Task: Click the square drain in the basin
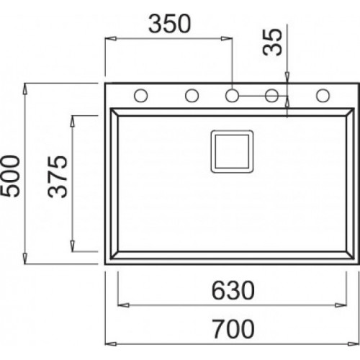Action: (232, 150)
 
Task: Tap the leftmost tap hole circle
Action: (141, 94)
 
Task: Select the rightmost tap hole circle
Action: (323, 94)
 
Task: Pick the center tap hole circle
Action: (232, 94)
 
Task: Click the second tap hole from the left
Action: (192, 94)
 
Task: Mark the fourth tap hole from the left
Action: (273, 94)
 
